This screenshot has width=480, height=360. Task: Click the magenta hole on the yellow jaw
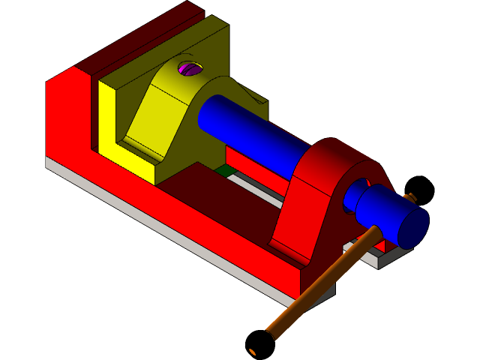190,69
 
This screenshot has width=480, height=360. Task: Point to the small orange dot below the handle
253,352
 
